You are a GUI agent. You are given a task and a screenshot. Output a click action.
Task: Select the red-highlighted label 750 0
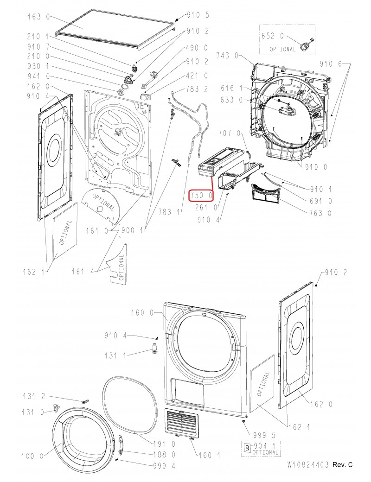click(x=201, y=196)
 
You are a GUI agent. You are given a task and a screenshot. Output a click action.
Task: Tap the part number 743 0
click(x=227, y=56)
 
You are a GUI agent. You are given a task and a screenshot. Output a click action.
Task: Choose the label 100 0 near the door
click(x=33, y=457)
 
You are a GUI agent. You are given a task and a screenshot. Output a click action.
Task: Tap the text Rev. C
click(x=343, y=464)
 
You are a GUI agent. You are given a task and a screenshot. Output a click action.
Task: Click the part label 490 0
click(x=197, y=48)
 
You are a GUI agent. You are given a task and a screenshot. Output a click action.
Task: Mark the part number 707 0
click(x=230, y=133)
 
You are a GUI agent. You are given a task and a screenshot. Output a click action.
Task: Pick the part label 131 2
click(x=35, y=396)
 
